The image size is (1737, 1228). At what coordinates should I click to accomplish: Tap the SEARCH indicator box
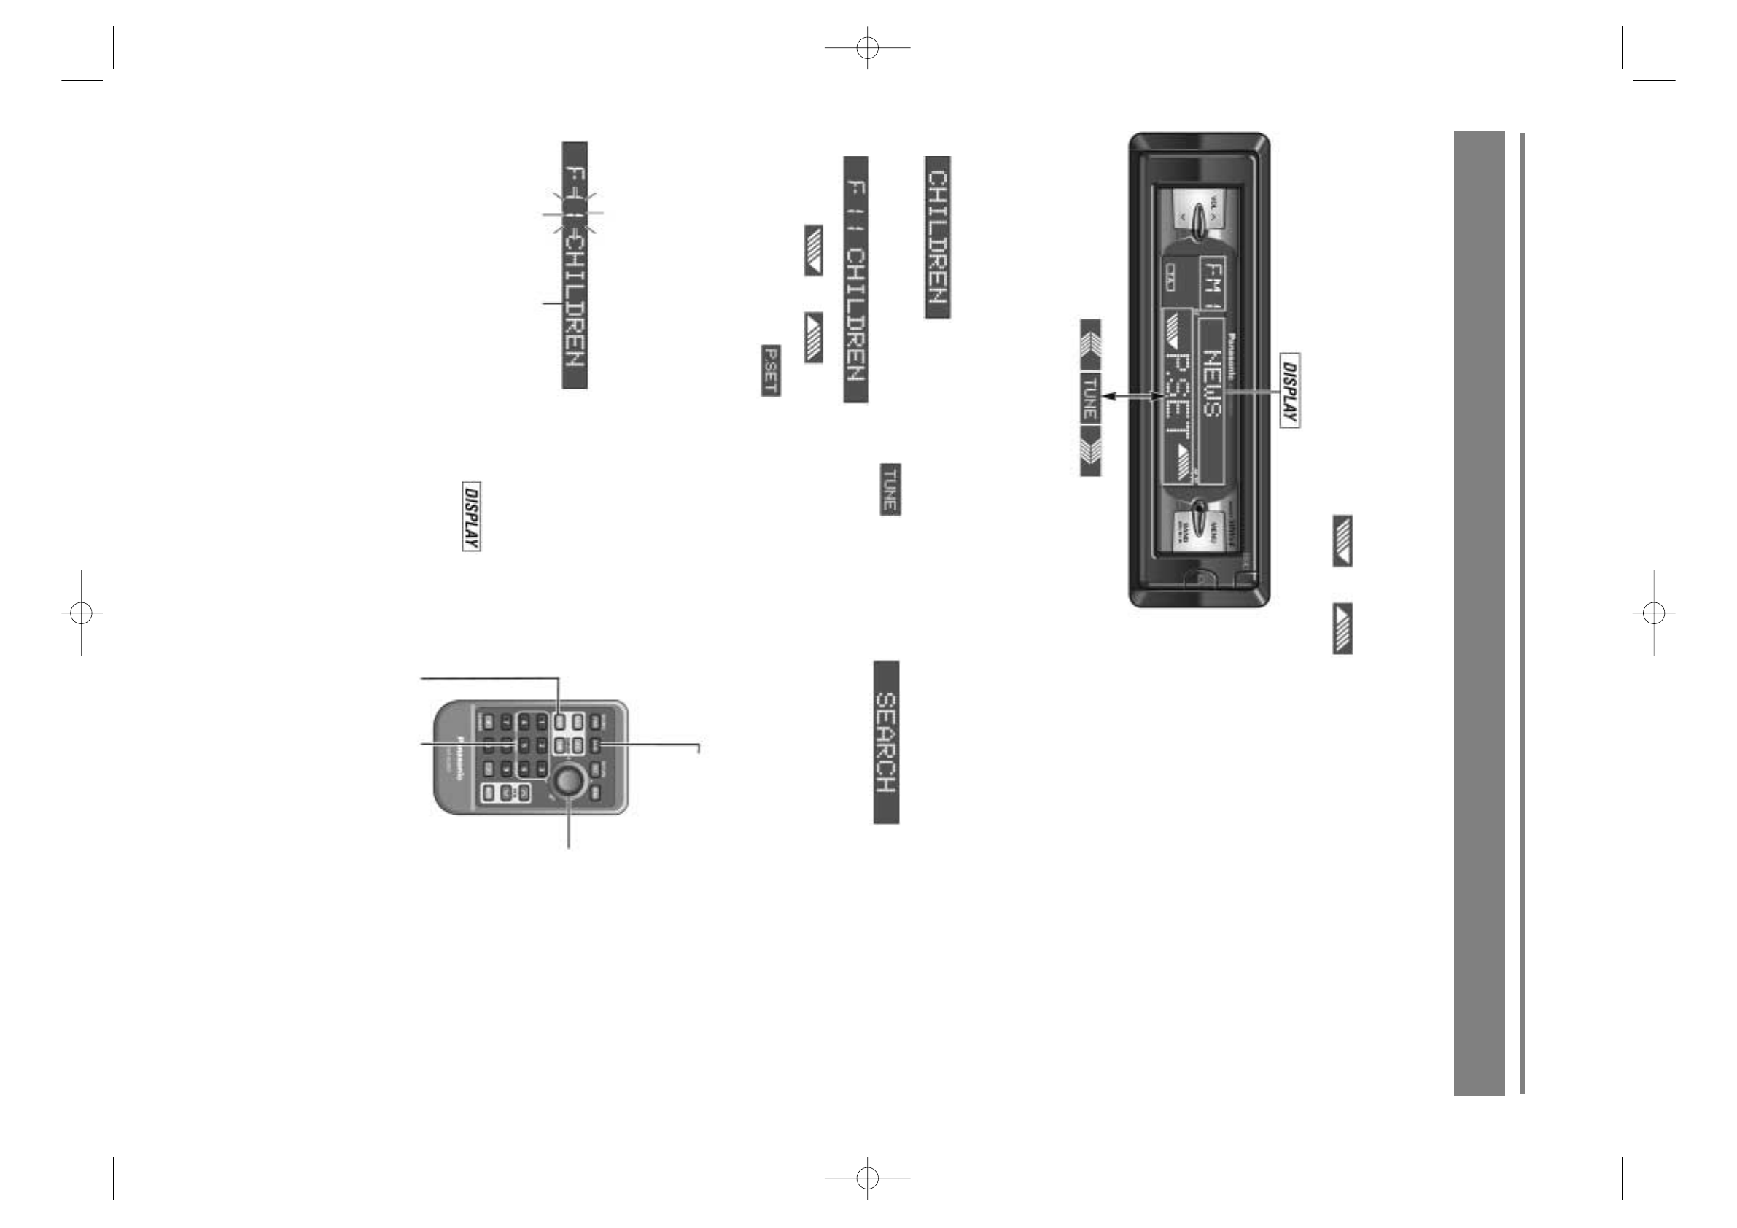[x=886, y=742]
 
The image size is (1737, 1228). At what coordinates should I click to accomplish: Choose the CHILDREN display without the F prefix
[x=937, y=237]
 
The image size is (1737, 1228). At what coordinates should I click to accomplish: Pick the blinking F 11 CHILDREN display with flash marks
[x=574, y=265]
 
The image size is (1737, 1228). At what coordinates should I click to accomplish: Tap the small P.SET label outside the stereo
[x=770, y=370]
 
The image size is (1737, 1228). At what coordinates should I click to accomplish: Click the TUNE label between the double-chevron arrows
[x=1090, y=397]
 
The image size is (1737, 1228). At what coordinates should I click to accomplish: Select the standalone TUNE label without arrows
[x=890, y=489]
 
